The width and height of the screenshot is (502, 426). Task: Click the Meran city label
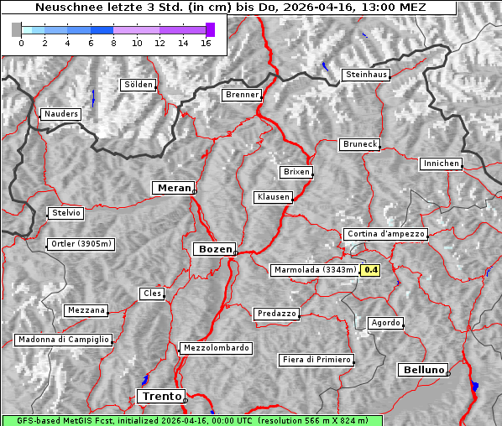172,188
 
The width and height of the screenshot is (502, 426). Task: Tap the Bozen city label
213,249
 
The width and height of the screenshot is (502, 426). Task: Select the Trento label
160,396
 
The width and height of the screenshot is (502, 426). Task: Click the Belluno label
422,369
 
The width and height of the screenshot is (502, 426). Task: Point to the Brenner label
242,95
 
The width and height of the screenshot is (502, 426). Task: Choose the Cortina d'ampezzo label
385,234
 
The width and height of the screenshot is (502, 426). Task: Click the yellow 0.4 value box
370,270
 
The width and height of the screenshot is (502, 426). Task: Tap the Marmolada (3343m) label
315,270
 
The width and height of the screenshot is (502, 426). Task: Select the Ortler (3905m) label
80,245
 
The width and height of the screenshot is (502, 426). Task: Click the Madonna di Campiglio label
63,340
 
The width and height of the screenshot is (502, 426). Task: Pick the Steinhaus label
366,75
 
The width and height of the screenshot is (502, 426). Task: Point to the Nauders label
60,114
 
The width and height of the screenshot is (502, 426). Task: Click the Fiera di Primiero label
316,360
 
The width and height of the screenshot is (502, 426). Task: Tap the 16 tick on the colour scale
206,43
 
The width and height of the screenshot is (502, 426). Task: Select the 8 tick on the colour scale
113,43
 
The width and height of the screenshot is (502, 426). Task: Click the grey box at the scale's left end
17,29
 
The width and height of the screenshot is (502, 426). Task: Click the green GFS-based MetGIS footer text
192,420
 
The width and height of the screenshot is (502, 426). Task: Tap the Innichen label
441,164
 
